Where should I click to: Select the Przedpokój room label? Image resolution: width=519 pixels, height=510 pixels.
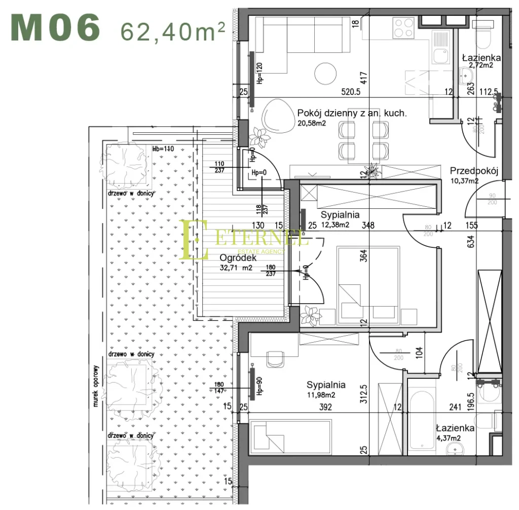coord(474,171)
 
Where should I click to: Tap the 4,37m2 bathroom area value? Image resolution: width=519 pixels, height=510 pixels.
coord(448,438)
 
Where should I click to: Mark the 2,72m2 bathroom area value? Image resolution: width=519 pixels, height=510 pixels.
coord(481,65)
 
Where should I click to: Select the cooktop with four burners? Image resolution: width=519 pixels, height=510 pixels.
coord(404,25)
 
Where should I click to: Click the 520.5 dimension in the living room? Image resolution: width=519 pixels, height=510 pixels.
coord(350,92)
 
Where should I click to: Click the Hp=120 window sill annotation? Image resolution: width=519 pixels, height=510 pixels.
coord(259,74)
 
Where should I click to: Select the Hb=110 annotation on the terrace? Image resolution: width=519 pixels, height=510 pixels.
coord(163,149)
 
